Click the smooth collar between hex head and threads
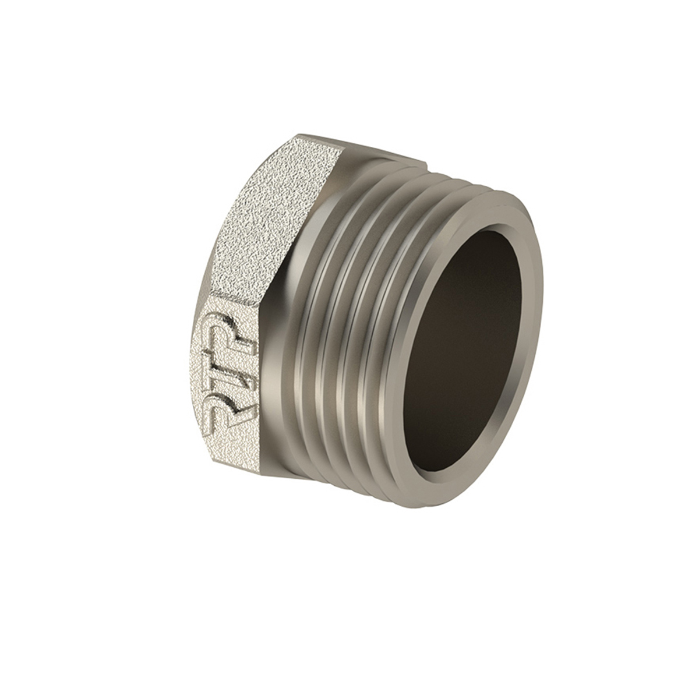pyautogui.click(x=287, y=326)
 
